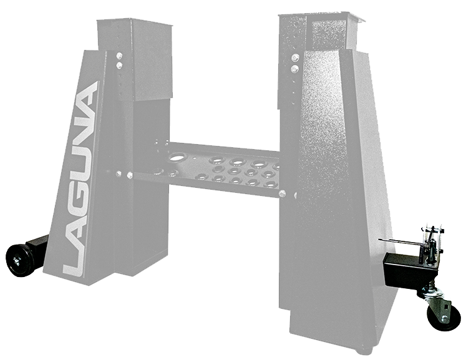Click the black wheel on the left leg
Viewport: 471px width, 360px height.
20,260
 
